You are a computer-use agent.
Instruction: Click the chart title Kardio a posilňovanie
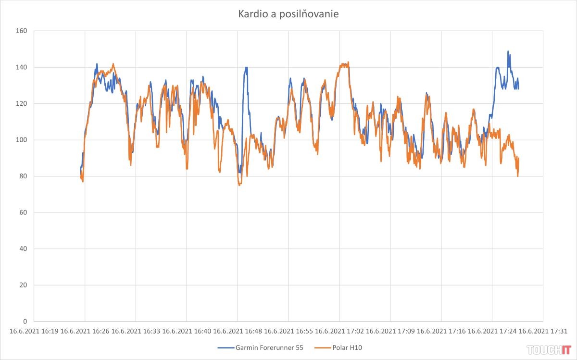click(x=288, y=14)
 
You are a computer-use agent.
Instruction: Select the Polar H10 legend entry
click(x=342, y=348)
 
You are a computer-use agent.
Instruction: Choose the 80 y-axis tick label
click(x=23, y=176)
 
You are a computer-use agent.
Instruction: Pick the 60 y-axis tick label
click(x=23, y=212)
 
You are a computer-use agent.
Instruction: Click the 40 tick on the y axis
click(x=23, y=249)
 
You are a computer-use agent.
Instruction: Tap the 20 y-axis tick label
click(x=23, y=285)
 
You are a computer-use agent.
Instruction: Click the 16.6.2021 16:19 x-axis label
click(x=34, y=331)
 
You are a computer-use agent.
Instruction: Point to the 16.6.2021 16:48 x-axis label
click(x=237, y=331)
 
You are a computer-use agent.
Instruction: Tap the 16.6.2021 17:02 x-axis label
click(x=339, y=331)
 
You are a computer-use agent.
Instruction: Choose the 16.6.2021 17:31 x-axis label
click(x=542, y=331)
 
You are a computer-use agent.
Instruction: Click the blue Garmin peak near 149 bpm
click(x=508, y=51)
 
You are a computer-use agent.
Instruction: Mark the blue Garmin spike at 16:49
click(x=246, y=68)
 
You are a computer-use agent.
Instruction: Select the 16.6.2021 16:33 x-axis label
click(x=136, y=331)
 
